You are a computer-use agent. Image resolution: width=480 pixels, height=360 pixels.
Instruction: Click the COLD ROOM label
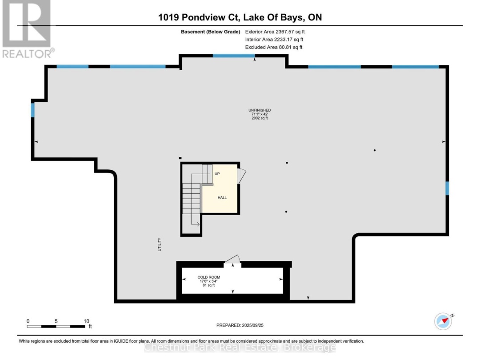coord(208,277)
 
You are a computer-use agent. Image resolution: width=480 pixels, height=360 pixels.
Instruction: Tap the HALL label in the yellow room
coord(222,197)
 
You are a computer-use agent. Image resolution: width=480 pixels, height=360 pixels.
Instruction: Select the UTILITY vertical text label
coord(159,245)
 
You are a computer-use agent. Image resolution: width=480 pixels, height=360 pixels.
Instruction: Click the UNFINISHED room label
coord(260,110)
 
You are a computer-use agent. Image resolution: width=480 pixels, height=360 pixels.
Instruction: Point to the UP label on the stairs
coord(217,174)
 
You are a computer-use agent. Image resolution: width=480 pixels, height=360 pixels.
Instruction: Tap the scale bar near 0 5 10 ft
coord(56,327)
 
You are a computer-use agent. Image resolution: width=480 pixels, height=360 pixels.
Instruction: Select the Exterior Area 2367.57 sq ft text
coord(275,32)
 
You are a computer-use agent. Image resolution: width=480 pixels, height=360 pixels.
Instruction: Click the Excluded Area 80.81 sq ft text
coord(275,47)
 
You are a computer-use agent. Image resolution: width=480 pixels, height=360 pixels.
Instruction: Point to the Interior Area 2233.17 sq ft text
coord(275,40)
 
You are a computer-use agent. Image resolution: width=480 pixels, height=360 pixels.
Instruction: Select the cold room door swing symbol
coord(232,260)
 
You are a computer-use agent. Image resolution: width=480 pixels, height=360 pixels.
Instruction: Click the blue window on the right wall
coord(447,188)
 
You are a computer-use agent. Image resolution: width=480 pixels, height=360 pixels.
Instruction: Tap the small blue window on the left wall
coord(32,109)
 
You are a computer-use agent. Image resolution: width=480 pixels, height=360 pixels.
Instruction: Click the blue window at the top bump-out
coord(233,56)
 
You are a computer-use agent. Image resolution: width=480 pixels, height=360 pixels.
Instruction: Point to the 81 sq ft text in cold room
coord(208,285)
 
